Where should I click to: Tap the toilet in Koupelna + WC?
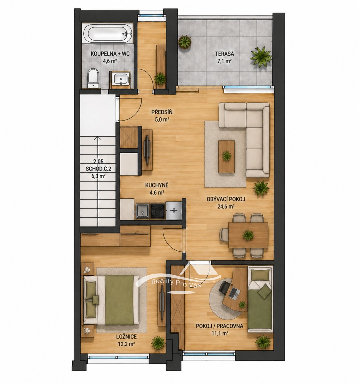[x=93, y=78]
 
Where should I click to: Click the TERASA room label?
[x=225, y=54]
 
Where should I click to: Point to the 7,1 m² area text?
[x=225, y=61]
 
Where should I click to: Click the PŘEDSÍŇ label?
[x=162, y=112]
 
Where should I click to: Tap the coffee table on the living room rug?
[x=226, y=157]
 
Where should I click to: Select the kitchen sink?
[x=142, y=211]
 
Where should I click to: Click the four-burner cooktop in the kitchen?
[x=158, y=211]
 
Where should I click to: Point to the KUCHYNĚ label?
[x=157, y=185]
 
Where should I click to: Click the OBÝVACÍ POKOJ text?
[x=226, y=199]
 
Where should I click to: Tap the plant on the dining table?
[x=248, y=235]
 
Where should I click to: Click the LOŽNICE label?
[x=126, y=337]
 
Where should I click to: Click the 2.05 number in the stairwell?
[x=98, y=161]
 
